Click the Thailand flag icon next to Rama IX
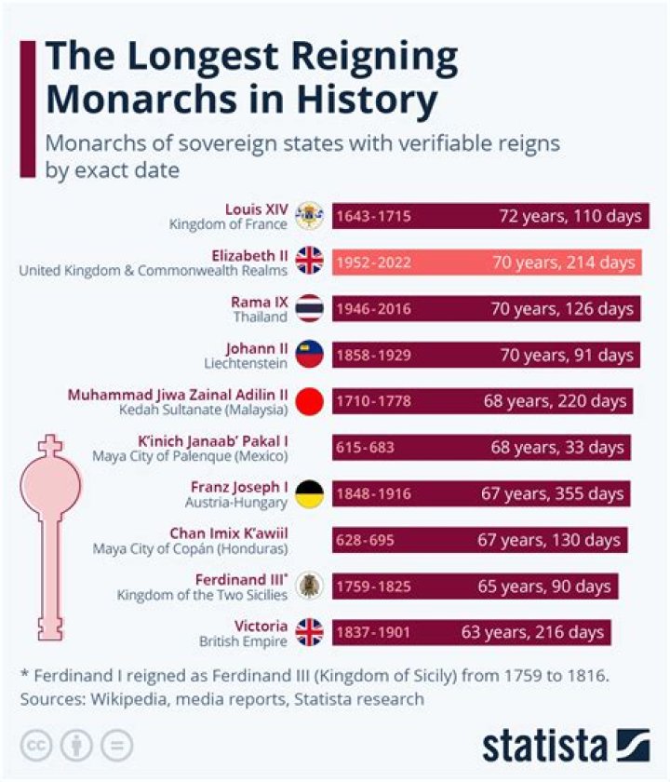(309, 308)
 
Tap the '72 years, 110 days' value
(569, 217)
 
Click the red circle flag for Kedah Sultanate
(309, 401)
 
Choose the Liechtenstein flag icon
(309, 355)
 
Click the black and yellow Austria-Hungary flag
(309, 493)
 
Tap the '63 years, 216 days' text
(532, 632)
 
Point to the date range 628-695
(364, 540)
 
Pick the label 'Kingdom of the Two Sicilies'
(204, 594)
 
